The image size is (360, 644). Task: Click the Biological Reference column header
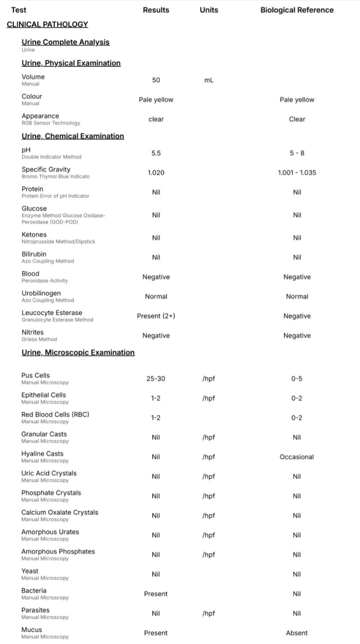(x=297, y=10)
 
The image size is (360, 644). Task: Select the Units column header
(x=209, y=10)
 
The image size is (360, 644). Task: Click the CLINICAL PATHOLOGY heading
(x=47, y=24)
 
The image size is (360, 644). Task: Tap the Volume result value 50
(x=156, y=80)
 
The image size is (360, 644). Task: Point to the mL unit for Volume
(x=209, y=80)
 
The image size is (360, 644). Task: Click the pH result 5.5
(x=156, y=153)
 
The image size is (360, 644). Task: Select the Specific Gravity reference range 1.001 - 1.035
(x=297, y=173)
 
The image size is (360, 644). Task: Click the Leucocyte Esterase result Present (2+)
(x=156, y=316)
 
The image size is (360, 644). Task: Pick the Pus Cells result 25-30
(x=156, y=378)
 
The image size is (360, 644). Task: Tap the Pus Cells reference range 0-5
(x=297, y=378)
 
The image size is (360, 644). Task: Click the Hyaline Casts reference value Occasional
(x=297, y=457)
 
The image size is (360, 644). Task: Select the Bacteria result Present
(x=156, y=594)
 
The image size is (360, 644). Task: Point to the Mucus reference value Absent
(x=297, y=633)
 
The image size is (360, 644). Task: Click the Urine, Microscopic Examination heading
(x=78, y=353)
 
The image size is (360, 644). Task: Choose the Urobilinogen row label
(x=41, y=293)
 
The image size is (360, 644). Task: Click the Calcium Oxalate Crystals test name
(x=60, y=512)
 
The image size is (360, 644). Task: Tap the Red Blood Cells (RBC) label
(x=55, y=414)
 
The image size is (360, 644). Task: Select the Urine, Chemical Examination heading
(x=73, y=136)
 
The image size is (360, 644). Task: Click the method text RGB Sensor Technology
(x=51, y=123)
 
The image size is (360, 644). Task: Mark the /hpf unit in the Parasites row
(x=208, y=613)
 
